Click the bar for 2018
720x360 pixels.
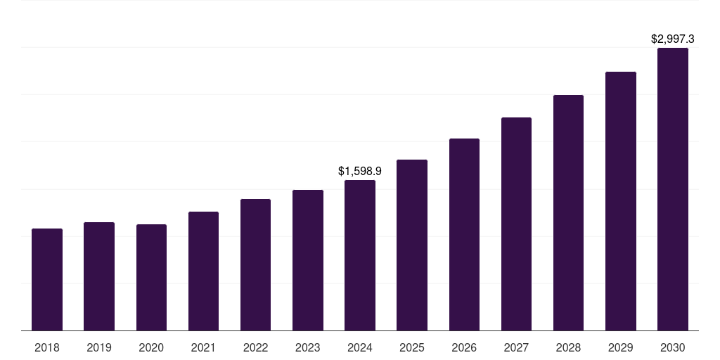coord(47,279)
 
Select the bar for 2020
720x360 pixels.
coord(151,277)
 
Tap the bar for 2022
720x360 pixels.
coord(255,264)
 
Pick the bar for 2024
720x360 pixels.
coord(360,255)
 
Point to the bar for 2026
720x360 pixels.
coord(464,234)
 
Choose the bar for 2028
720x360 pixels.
coord(568,212)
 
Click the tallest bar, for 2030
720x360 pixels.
coord(672,189)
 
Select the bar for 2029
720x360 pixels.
coord(620,201)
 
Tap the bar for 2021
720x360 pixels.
coord(203,271)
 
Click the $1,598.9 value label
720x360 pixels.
coord(360,171)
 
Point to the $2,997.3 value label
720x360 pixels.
coord(672,39)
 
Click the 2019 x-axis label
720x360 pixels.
coord(99,347)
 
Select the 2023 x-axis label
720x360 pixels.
coord(307,347)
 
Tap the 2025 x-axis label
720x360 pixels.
coord(412,347)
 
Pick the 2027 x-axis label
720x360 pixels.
coord(516,347)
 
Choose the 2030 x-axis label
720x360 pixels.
coord(672,347)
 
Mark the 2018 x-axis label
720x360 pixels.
coord(47,347)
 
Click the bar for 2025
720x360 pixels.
coord(412,245)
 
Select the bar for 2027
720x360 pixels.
coord(516,224)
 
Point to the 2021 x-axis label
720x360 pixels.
coord(203,347)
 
